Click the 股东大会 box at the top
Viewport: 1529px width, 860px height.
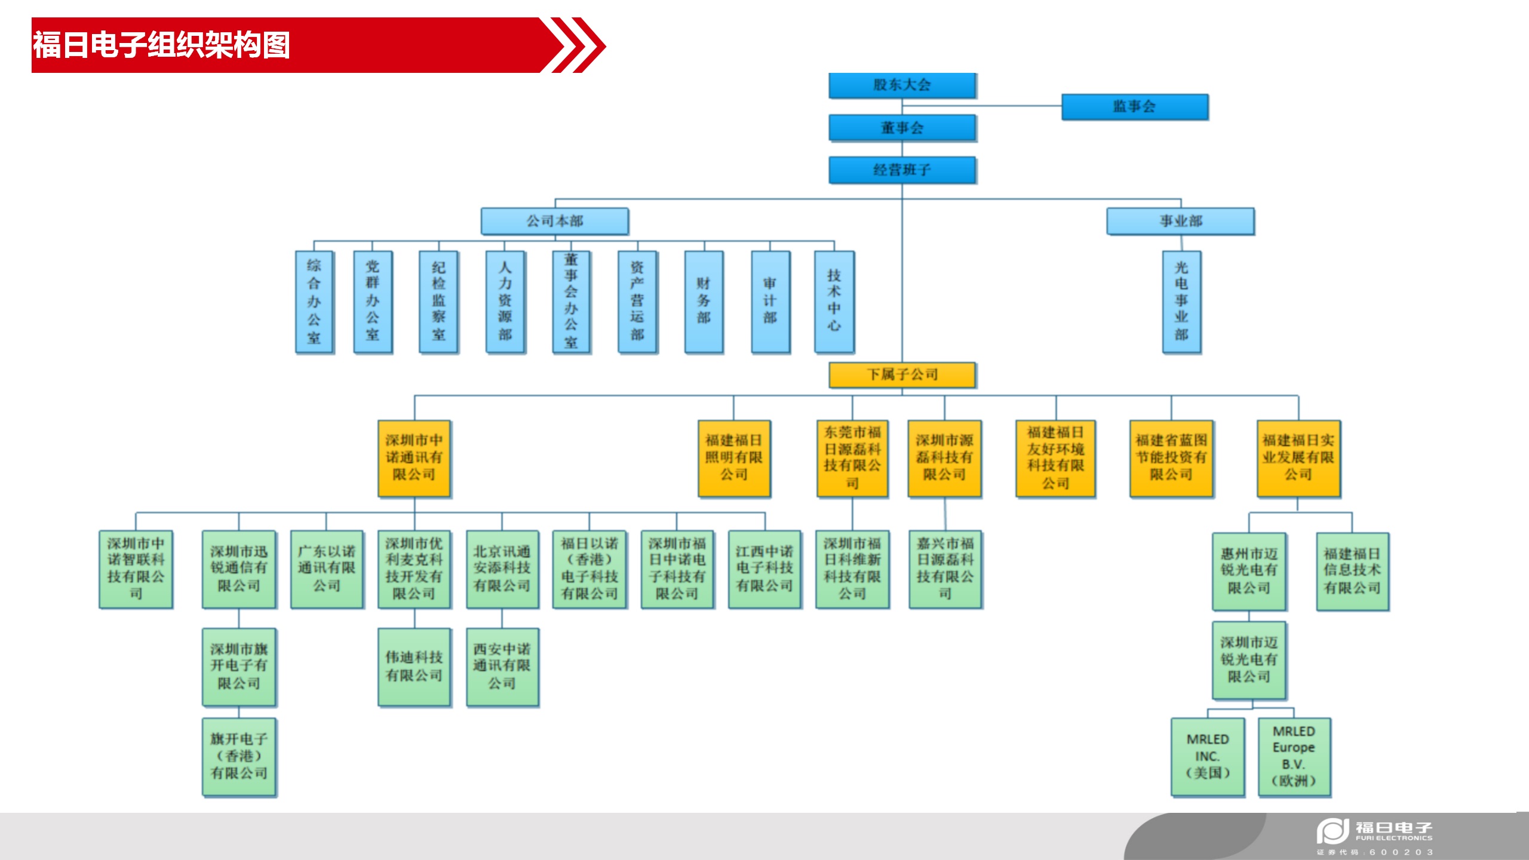pyautogui.click(x=902, y=85)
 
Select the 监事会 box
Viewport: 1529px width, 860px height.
pyautogui.click(x=1134, y=107)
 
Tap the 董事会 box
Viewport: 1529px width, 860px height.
pyautogui.click(x=902, y=128)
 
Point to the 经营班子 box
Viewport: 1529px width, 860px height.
pyautogui.click(x=902, y=170)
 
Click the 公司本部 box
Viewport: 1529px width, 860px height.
pyautogui.click(x=554, y=221)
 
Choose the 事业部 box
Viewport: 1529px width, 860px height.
pyautogui.click(x=1180, y=221)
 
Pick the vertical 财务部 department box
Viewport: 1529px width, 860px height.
pyautogui.click(x=704, y=302)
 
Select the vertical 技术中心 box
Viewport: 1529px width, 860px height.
pyautogui.click(x=834, y=302)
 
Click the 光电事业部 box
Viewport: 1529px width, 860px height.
pyautogui.click(x=1181, y=302)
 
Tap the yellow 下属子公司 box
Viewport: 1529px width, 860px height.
pyautogui.click(x=902, y=375)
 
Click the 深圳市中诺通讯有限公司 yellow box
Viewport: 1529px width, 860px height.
pyautogui.click(x=414, y=458)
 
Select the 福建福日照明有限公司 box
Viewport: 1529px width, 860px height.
pyautogui.click(x=733, y=458)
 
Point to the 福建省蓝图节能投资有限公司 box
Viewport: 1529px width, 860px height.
pyautogui.click(x=1171, y=458)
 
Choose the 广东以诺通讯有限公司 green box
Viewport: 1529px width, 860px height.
pyautogui.click(x=326, y=569)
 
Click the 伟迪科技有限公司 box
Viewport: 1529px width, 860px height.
pyautogui.click(x=414, y=666)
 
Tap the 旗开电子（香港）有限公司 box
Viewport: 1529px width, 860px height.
pyautogui.click(x=239, y=757)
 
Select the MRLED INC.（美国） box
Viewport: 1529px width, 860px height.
pyautogui.click(x=1207, y=757)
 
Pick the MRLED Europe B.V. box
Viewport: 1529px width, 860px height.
pyautogui.click(x=1294, y=757)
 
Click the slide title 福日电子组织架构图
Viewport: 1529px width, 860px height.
pyautogui.click(x=161, y=45)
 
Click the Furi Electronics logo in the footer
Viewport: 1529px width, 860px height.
pyautogui.click(x=1374, y=833)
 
